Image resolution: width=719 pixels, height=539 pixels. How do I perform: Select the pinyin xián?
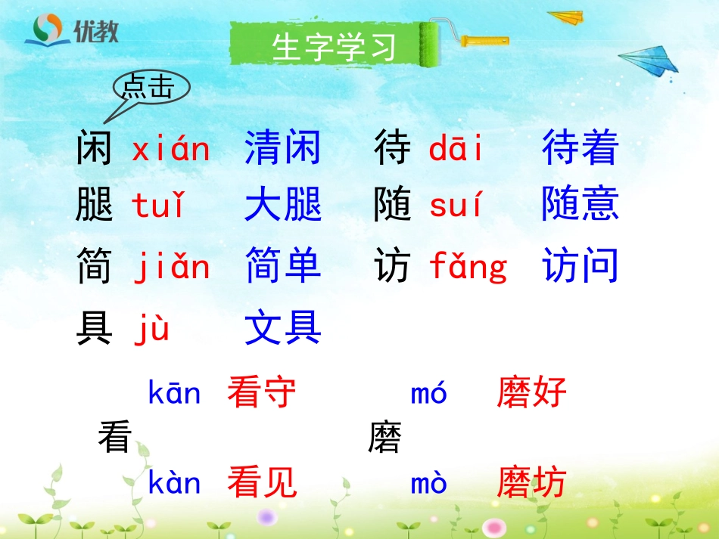click(x=170, y=149)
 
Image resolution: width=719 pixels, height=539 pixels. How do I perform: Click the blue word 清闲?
click(x=283, y=148)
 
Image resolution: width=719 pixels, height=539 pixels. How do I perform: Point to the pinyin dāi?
click(x=456, y=149)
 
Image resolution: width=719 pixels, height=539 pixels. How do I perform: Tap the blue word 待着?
click(x=580, y=148)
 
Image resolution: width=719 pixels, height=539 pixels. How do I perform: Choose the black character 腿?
click(x=94, y=206)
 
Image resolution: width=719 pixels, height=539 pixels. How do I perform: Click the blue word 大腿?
click(x=283, y=206)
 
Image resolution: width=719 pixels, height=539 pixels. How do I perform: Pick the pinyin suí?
click(x=456, y=206)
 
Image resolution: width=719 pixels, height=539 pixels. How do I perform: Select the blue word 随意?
click(x=580, y=206)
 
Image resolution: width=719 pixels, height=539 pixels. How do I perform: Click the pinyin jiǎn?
click(x=172, y=267)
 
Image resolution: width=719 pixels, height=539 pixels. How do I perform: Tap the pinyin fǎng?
click(x=468, y=268)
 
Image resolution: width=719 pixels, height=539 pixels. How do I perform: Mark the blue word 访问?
click(x=580, y=266)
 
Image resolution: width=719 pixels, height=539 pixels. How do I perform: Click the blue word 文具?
click(x=283, y=329)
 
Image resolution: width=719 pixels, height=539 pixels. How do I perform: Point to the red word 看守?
click(x=262, y=393)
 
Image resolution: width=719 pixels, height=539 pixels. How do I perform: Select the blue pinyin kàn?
click(x=175, y=483)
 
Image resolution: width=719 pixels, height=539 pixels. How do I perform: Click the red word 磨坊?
click(x=531, y=483)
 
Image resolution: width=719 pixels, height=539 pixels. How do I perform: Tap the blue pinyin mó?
click(x=429, y=393)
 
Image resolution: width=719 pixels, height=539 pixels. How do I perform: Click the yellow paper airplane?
click(x=566, y=17)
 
